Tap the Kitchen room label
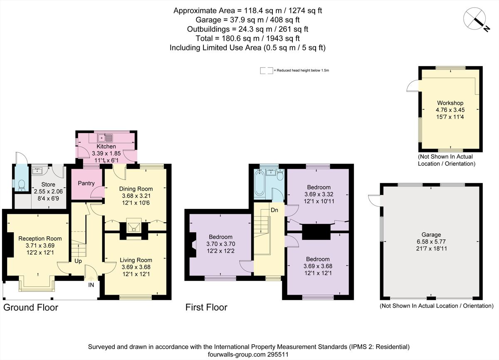click(106, 146)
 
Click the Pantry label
click(86, 183)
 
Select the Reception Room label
click(40, 238)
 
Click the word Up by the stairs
click(78, 261)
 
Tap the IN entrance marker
click(91, 285)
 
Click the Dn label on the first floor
click(274, 210)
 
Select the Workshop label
click(450, 103)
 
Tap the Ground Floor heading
click(31, 308)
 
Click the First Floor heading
click(206, 308)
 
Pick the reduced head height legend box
click(266, 71)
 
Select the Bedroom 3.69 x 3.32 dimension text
click(319, 194)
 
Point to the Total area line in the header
click(247, 38)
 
